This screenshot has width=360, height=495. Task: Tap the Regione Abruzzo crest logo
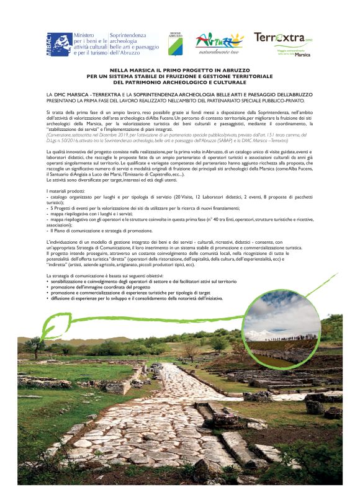175,42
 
